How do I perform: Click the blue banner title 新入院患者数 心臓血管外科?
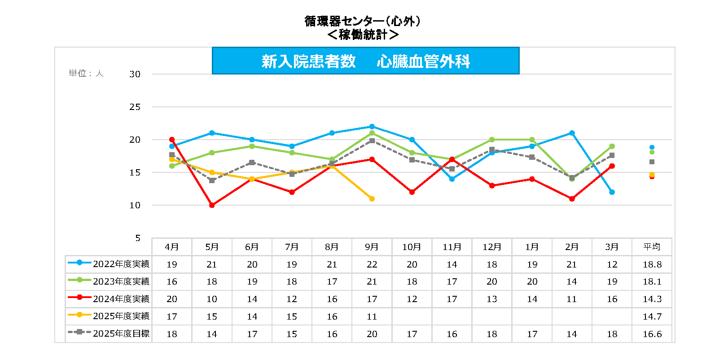[x=365, y=61]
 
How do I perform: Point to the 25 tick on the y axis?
[x=135, y=107]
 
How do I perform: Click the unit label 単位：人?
[x=86, y=73]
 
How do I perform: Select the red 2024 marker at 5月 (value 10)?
[x=212, y=205]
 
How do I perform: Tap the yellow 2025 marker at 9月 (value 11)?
[x=372, y=199]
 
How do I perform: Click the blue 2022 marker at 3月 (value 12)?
[x=612, y=192]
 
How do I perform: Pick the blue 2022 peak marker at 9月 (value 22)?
[x=372, y=127]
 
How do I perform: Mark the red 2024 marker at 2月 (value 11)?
[x=572, y=199]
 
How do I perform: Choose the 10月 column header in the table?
[x=412, y=247]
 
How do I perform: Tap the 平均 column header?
[x=652, y=247]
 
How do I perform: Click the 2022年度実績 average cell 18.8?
[x=652, y=264]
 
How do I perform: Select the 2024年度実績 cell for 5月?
[x=212, y=299]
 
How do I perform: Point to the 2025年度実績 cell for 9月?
[x=372, y=316]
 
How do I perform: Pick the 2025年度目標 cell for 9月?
[x=372, y=334]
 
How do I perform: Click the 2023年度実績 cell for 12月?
[x=492, y=281]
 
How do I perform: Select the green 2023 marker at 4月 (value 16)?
[x=172, y=166]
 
